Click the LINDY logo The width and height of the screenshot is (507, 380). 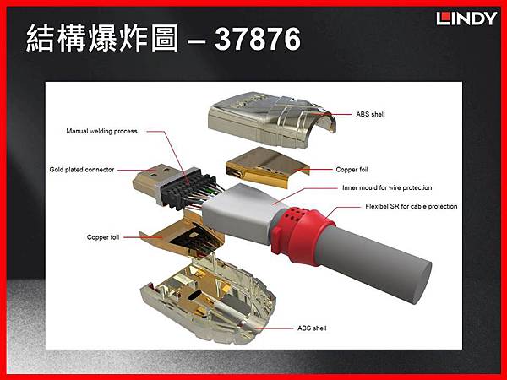pos(466,19)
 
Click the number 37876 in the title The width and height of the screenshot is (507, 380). pos(258,39)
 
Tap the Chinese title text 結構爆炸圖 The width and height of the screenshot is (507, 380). pos(102,39)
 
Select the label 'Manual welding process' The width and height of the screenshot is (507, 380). pos(101,131)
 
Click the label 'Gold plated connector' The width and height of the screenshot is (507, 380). pos(82,170)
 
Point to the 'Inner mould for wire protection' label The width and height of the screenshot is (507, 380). pos(387,187)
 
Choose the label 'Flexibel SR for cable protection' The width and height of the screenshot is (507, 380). pos(412,206)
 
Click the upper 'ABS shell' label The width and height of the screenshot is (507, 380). pos(371,114)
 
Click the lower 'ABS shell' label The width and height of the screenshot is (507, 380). pos(312,328)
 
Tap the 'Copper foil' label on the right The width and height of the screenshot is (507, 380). pos(352,170)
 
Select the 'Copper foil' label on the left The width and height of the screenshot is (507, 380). pos(103,237)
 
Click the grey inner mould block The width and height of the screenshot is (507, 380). pos(239,214)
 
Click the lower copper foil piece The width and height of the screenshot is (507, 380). pos(183,234)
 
